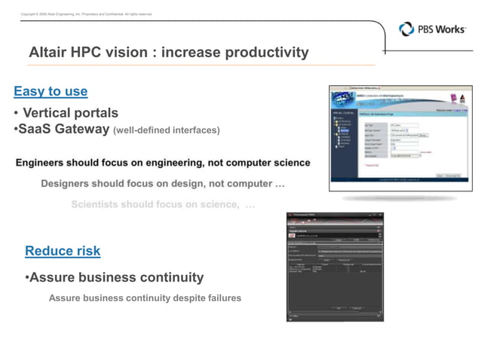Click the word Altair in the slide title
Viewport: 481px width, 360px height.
point(50,53)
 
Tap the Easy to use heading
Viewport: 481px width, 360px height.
point(51,92)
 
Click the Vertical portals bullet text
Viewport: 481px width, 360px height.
point(70,113)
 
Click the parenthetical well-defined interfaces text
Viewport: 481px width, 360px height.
point(166,130)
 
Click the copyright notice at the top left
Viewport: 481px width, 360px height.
point(86,14)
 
